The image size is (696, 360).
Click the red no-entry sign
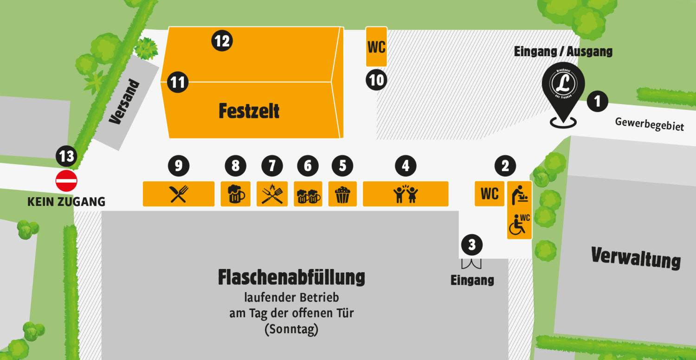coord(66,181)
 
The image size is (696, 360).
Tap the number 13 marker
coord(66,156)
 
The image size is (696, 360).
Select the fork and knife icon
coord(178,194)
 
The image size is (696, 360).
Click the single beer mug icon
coord(236,194)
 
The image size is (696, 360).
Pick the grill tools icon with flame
coord(272,194)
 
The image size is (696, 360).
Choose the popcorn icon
coord(342,194)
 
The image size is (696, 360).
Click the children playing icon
coord(406,194)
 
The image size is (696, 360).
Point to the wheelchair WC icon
coord(519,225)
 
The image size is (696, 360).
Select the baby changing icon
coord(519,194)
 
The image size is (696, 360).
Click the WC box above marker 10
coord(376,47)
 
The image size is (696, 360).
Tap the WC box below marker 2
coord(490,193)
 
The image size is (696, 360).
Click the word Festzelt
coord(249,111)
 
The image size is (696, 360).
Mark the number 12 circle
coord(222,41)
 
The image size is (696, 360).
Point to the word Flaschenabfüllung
coord(291,277)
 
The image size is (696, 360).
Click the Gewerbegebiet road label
coord(649,124)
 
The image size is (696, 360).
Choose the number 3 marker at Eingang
coord(472,244)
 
